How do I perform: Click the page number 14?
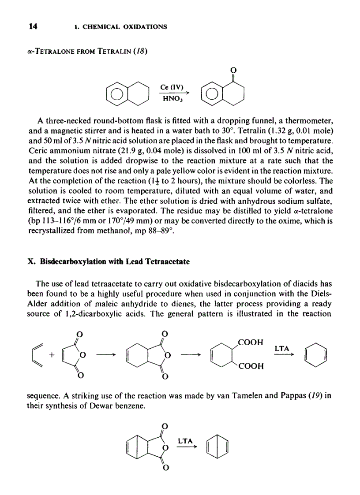coord(32,26)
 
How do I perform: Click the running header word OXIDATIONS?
coord(143,27)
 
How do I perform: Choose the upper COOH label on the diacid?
coord(250,342)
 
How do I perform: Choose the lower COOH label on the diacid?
coord(250,366)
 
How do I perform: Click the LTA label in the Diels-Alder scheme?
coord(282,348)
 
